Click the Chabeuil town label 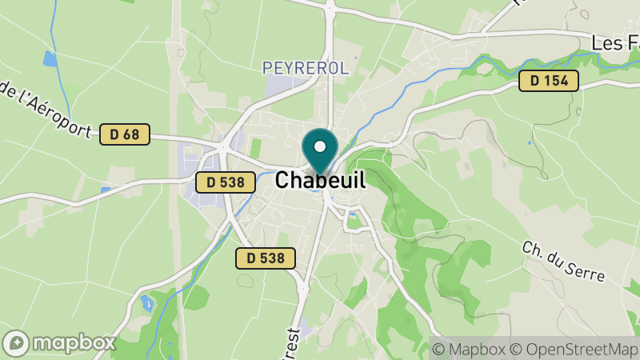pyautogui.click(x=320, y=181)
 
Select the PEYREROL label pyautogui.click(x=306, y=69)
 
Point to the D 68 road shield pyautogui.click(x=125, y=134)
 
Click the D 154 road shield pyautogui.click(x=548, y=80)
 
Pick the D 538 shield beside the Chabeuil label pyautogui.click(x=225, y=182)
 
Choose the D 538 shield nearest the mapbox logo pyautogui.click(x=266, y=258)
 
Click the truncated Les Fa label pyautogui.click(x=615, y=42)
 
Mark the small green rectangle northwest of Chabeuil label pyautogui.click(x=256, y=148)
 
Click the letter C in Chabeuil pyautogui.click(x=282, y=181)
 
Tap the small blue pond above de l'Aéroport pyautogui.click(x=50, y=58)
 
